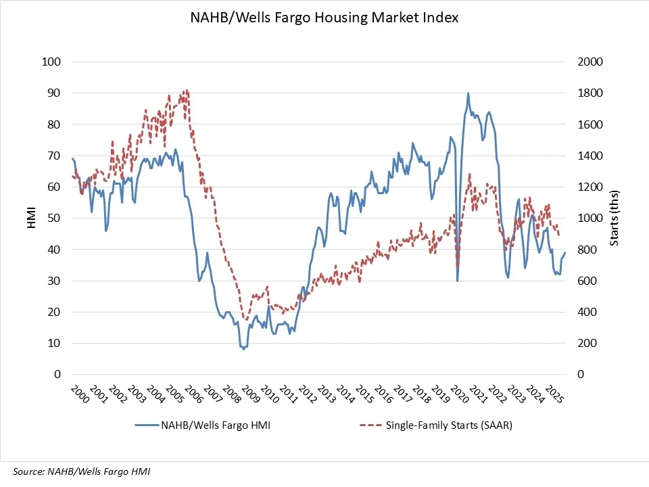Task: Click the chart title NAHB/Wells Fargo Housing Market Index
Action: pos(324,18)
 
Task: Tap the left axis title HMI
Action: pos(31,218)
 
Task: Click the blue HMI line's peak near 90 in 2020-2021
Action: pos(468,93)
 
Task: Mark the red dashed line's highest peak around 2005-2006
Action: pos(186,90)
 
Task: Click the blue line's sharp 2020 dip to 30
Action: pos(458,280)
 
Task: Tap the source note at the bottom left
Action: pos(81,471)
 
